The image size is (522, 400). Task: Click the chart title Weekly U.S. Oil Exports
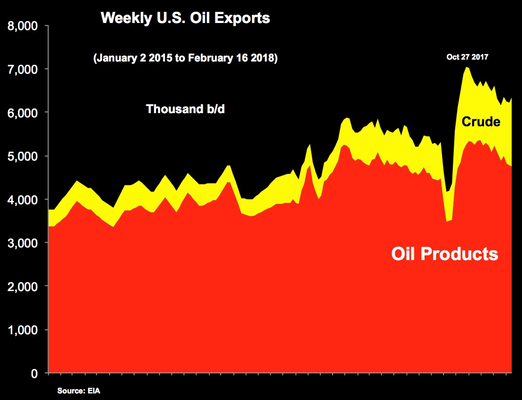185,18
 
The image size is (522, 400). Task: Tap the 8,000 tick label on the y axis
23,26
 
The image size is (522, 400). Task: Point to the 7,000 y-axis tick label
23,69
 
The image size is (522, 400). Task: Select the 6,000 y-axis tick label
23,113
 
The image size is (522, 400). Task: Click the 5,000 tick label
23,156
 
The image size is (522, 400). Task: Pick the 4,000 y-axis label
23,200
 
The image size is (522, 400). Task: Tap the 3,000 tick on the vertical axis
23,243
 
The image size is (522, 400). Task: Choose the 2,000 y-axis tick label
23,286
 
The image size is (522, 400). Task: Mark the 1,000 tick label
23,330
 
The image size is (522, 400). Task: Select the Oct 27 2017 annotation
467,57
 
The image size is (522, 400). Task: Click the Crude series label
481,122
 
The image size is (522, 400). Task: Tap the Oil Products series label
444,254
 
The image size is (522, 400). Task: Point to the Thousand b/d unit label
185,109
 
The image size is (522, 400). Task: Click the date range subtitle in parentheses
185,58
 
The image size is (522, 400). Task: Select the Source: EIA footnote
79,391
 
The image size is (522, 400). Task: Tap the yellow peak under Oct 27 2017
467,68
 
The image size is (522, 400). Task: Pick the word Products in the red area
459,254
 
